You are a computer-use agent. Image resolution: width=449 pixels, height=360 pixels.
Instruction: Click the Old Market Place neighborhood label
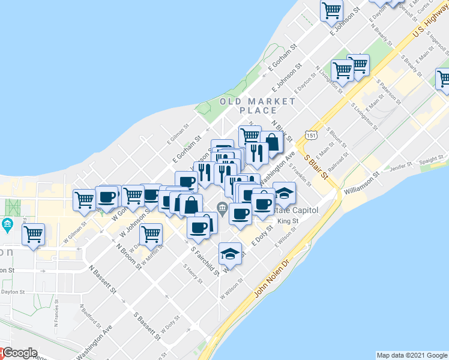point(258,106)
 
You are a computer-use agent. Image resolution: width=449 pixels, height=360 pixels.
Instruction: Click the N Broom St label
point(128,256)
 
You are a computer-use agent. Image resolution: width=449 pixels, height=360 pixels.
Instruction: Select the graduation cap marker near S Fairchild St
point(230,254)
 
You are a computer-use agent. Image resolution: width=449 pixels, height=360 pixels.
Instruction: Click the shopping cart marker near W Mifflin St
point(151,235)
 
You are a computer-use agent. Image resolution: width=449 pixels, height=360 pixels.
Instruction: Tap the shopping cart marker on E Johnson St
point(332,10)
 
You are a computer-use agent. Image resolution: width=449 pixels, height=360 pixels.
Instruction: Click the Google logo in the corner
point(19,353)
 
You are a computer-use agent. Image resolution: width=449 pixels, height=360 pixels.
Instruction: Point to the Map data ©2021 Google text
point(412,355)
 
